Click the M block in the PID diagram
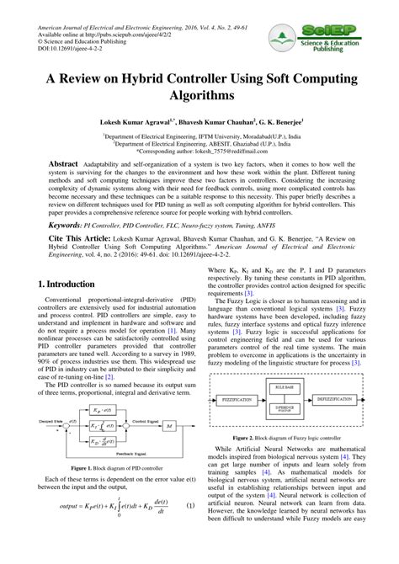(169, 426)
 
